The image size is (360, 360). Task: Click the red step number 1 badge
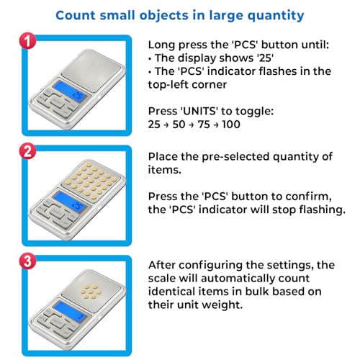coord(28,41)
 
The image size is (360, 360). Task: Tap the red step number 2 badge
coord(28,151)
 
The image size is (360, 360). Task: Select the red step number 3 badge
coord(28,261)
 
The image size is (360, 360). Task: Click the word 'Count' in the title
coord(76,15)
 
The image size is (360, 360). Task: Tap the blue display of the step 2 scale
coord(70,201)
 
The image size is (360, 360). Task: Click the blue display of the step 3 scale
coord(70,311)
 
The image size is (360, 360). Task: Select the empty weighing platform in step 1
coord(92,70)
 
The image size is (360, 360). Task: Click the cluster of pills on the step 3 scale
coord(91,291)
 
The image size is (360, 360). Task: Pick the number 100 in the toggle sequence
coord(231,125)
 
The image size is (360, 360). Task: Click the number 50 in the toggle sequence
coord(179,125)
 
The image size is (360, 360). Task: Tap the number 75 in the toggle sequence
coord(204,125)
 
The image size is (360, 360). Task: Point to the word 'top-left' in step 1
coord(168,85)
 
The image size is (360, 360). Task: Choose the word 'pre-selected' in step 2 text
coord(235,157)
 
